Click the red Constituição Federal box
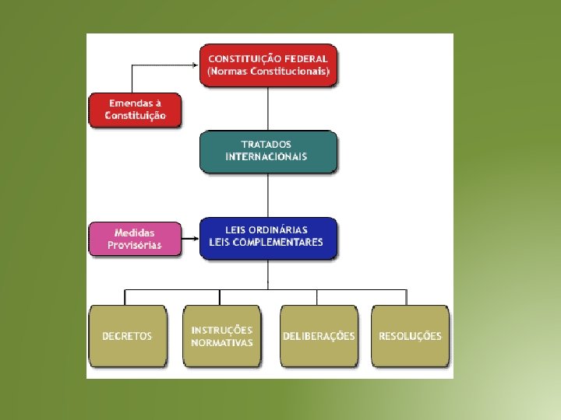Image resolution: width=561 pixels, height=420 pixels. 268,65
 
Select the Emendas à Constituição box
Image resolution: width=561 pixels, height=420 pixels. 136,110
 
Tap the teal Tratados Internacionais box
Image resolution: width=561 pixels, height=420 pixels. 268,151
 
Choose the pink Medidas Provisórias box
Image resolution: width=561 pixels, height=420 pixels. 134,239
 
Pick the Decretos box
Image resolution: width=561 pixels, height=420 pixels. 127,336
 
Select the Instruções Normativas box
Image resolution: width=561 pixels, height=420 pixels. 222,336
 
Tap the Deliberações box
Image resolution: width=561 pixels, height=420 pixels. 318,336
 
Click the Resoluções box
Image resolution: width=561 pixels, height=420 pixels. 410,336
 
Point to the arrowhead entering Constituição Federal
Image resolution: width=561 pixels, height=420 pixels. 196,65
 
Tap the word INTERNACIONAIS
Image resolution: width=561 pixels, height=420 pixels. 266,156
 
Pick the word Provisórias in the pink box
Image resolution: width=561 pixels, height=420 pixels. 135,245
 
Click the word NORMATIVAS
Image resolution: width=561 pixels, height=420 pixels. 222,343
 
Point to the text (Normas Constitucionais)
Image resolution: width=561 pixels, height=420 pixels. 268,72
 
